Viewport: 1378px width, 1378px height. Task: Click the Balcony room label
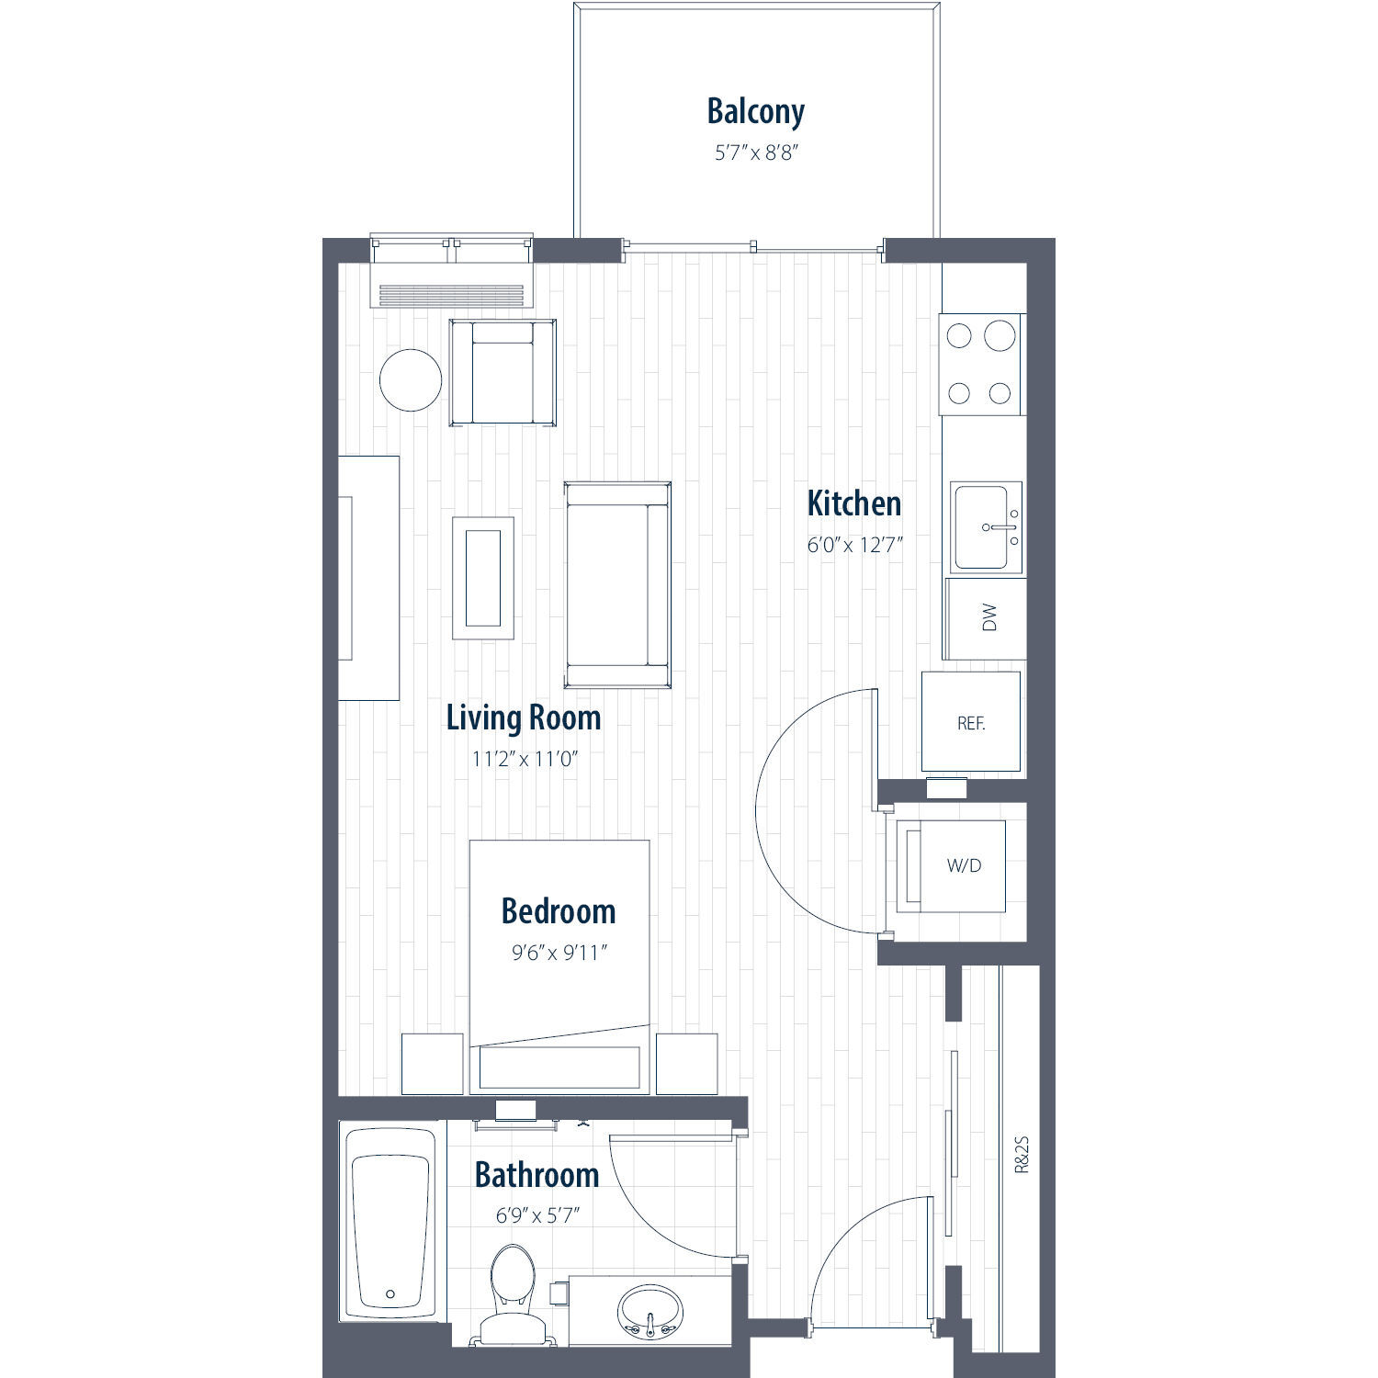(755, 111)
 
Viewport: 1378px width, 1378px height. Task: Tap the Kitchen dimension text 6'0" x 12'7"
(854, 545)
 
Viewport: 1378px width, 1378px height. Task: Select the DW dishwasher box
(984, 618)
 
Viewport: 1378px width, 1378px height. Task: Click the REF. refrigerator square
(971, 722)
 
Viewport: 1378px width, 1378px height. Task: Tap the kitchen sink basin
(982, 527)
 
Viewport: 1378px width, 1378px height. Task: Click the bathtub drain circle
(390, 1294)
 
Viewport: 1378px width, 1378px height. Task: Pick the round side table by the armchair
(411, 380)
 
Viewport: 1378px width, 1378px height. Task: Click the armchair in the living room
(503, 372)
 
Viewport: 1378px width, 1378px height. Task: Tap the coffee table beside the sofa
(483, 578)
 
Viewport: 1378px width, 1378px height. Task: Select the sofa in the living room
(617, 584)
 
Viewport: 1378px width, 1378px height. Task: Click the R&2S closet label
(1022, 1155)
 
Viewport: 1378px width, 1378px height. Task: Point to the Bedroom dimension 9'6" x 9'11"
(559, 953)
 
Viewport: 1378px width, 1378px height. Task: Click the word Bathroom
(537, 1175)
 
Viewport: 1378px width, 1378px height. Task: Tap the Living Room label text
(524, 717)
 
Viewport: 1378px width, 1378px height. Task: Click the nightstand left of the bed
(433, 1064)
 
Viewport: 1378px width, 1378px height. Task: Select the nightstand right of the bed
(686, 1064)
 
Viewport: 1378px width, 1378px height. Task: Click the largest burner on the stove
(1000, 336)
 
